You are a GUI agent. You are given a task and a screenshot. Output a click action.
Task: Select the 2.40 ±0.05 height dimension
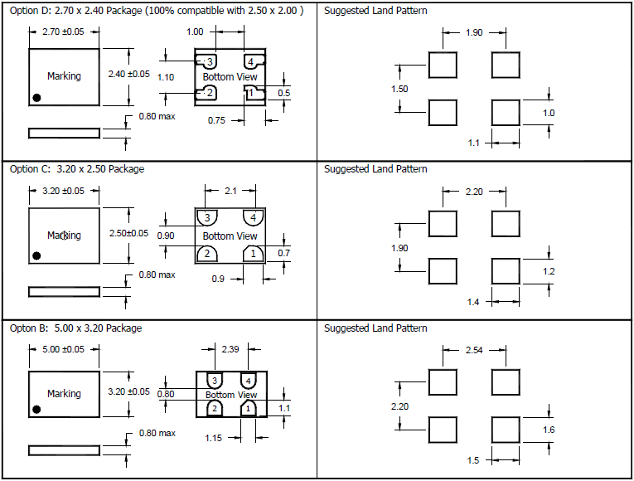[129, 74]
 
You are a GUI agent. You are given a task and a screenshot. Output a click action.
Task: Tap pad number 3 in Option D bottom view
[210, 62]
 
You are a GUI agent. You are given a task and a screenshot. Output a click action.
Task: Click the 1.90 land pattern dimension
[473, 32]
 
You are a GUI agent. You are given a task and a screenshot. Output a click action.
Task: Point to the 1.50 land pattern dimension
[399, 89]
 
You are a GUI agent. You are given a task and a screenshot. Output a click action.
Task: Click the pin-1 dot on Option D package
[36, 98]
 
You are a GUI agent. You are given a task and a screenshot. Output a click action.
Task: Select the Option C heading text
[76, 169]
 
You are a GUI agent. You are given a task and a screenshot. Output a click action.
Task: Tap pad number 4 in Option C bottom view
[252, 218]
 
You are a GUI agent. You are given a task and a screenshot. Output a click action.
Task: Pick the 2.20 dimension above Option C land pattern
[473, 192]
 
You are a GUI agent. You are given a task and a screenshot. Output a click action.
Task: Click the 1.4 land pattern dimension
[473, 302]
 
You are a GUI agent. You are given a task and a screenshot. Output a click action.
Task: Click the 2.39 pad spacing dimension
[231, 350]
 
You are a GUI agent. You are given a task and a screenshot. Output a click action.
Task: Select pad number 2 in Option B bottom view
[214, 409]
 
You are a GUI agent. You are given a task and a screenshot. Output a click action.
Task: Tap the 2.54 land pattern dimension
[473, 351]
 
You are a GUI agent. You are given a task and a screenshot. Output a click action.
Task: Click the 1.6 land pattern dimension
[549, 430]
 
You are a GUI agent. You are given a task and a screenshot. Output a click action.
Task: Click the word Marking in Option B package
[64, 394]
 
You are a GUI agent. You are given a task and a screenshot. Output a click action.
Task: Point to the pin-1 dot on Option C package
[36, 255]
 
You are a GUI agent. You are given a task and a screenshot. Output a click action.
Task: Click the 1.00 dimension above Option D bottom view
[195, 32]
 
